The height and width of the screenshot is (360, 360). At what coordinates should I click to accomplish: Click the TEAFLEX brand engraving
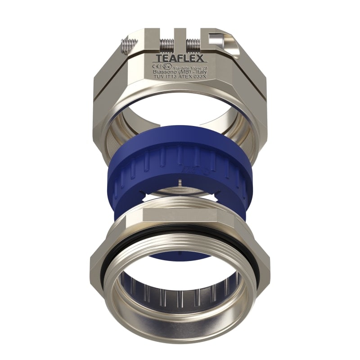pyautogui.click(x=180, y=58)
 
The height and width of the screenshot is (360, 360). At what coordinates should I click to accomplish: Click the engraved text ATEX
pyautogui.click(x=183, y=77)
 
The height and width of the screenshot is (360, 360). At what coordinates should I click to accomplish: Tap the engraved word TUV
pyautogui.click(x=159, y=77)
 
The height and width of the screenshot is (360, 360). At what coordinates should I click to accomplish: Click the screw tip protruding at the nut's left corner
pyautogui.click(x=126, y=45)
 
